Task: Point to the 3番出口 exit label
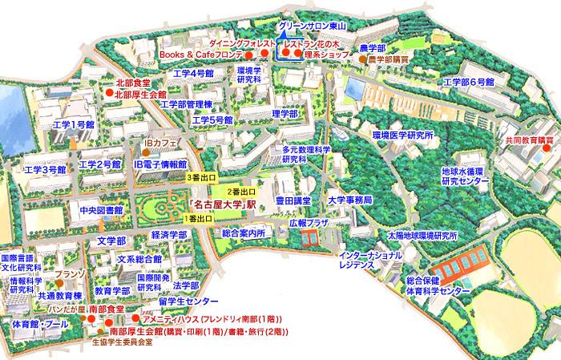(200, 176)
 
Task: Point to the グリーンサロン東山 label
(310, 26)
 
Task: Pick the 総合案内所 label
(244, 233)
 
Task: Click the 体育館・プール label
(39, 325)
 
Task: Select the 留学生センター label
(188, 301)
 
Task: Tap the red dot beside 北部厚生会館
(108, 94)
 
